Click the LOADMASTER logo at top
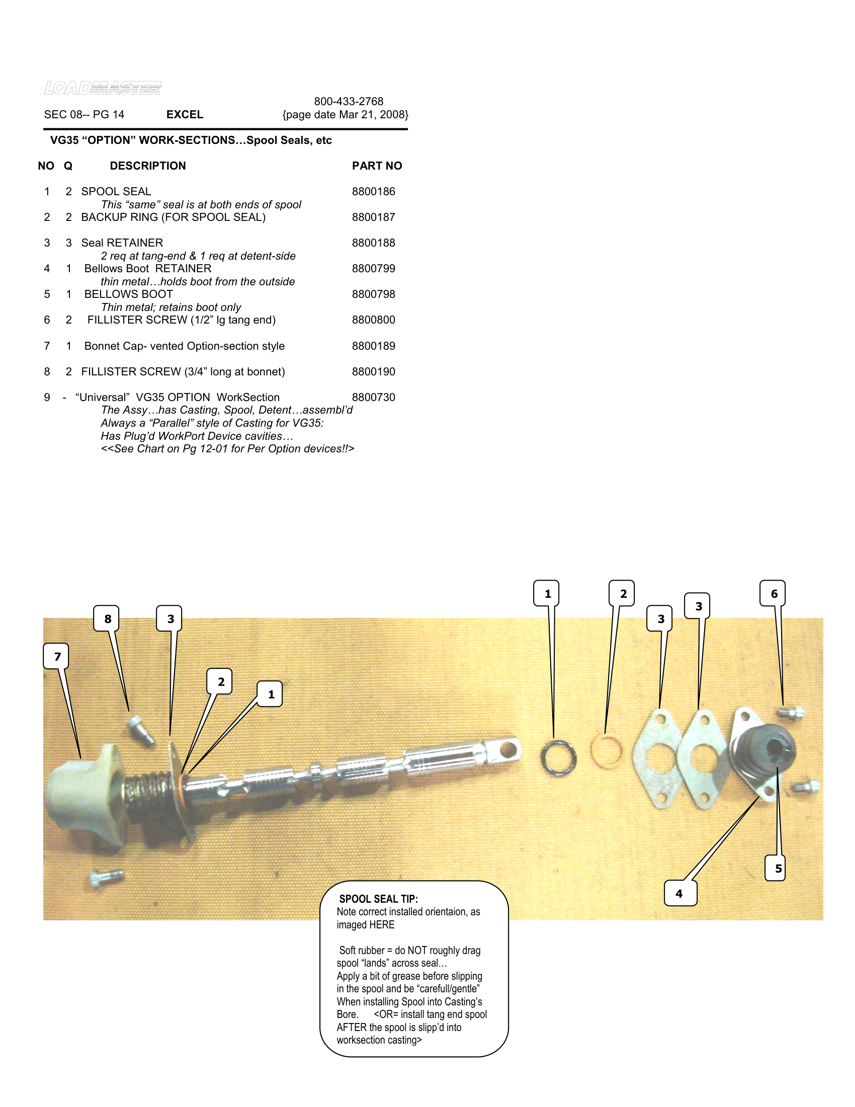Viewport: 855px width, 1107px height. (x=103, y=88)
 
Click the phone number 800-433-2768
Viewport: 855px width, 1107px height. (x=349, y=101)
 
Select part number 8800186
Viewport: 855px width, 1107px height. (x=373, y=192)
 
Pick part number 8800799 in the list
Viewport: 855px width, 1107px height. (x=373, y=269)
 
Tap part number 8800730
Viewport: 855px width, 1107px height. (x=373, y=398)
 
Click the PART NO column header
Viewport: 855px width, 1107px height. (x=377, y=166)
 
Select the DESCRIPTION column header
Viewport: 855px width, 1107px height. (x=148, y=166)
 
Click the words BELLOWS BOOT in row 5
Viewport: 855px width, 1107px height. (x=128, y=294)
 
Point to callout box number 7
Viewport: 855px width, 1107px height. (x=57, y=656)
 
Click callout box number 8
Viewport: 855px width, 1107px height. (x=108, y=619)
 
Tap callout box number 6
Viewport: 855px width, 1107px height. (x=774, y=594)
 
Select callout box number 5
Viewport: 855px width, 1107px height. (x=778, y=868)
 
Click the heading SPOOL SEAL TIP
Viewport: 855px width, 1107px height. (x=378, y=899)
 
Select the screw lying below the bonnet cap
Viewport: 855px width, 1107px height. (x=106, y=877)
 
